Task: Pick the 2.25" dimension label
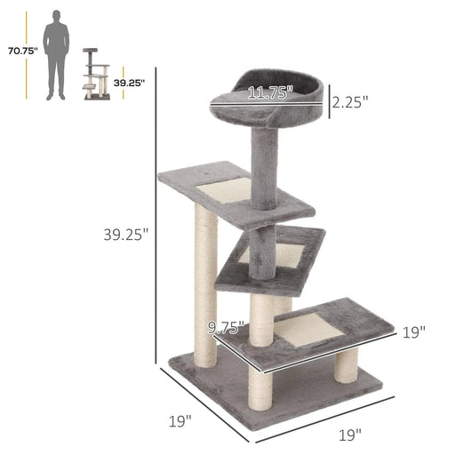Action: [x=349, y=102]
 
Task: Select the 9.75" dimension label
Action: [x=225, y=326]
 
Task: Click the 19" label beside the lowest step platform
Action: [x=412, y=331]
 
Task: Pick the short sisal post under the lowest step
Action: [x=347, y=369]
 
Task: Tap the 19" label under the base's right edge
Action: [x=349, y=435]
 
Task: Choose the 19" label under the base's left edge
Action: [x=180, y=420]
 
